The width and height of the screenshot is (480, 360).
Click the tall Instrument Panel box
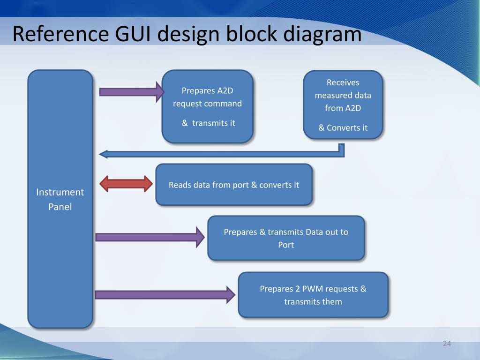pyautogui.click(x=60, y=199)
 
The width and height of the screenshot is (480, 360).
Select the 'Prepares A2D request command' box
pyautogui.click(x=208, y=106)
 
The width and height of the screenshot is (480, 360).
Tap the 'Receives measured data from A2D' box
pyautogui.click(x=343, y=105)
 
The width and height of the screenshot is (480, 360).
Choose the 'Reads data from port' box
pyautogui.click(x=234, y=184)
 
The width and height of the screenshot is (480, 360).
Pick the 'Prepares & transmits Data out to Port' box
pyautogui.click(x=286, y=238)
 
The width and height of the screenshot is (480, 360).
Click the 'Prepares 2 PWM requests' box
pyautogui.click(x=313, y=295)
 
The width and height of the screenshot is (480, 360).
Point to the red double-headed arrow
pyautogui.click(x=126, y=184)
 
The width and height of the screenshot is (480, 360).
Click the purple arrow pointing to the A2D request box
pyautogui.click(x=132, y=92)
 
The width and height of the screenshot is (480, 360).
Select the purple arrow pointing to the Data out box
pyautogui.click(x=150, y=237)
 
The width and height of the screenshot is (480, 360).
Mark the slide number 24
pyautogui.click(x=447, y=344)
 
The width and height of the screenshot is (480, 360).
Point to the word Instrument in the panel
pyautogui.click(x=60, y=192)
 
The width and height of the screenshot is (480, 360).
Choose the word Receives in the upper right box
pyautogui.click(x=343, y=82)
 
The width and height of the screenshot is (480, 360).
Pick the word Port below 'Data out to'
pyautogui.click(x=286, y=245)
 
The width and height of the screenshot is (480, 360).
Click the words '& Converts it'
pyautogui.click(x=343, y=127)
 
